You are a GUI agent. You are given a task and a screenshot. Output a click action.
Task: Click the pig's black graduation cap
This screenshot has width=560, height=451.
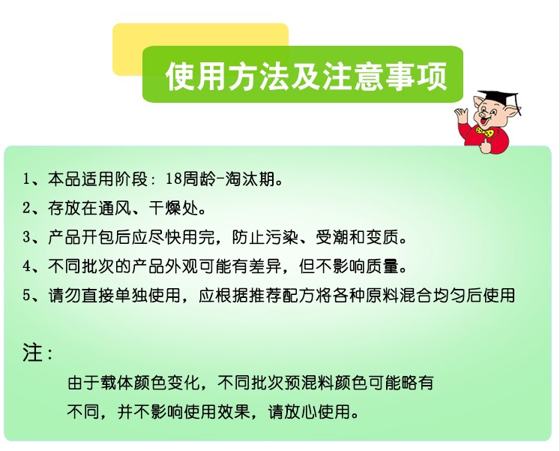click(499, 98)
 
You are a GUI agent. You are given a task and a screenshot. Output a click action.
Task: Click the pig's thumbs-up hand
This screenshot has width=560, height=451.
click(485, 146)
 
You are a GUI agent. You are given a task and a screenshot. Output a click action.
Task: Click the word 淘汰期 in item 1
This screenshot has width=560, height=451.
click(250, 179)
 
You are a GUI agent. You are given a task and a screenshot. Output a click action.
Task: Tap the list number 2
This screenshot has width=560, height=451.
click(26, 208)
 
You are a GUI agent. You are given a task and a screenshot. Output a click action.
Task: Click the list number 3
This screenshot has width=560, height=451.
click(26, 237)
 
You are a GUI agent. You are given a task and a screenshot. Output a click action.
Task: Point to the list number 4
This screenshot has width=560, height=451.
click(26, 266)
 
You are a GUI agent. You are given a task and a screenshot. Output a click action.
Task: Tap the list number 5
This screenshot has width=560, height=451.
click(26, 296)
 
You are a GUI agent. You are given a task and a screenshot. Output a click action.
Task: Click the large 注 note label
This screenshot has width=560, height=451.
click(32, 353)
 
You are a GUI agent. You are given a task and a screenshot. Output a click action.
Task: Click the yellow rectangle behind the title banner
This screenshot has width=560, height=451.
click(200, 35)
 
